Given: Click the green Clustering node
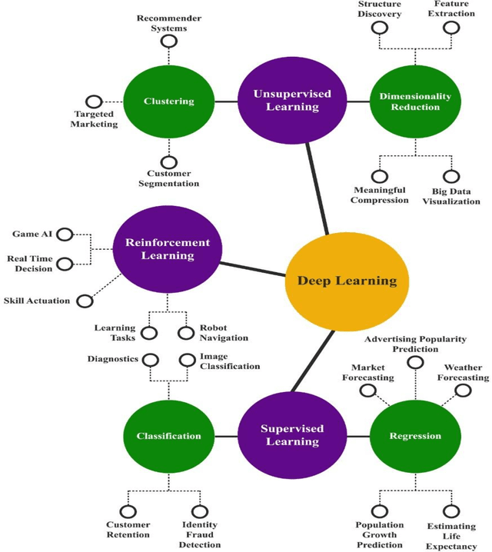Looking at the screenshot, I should [x=168, y=101].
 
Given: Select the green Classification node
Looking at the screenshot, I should [x=168, y=436].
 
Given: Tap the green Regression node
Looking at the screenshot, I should [x=415, y=436].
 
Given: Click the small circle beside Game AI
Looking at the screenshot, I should [x=65, y=234].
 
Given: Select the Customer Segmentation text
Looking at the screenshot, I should [x=168, y=178].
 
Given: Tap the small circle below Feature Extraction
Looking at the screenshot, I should [x=451, y=28].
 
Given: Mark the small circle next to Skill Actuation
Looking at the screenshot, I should [x=87, y=300].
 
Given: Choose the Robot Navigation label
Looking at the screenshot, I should [x=224, y=332].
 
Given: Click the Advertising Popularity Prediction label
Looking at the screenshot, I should [x=415, y=344].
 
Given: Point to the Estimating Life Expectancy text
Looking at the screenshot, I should [x=451, y=537].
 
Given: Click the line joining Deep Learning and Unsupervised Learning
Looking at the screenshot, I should [x=317, y=188].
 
